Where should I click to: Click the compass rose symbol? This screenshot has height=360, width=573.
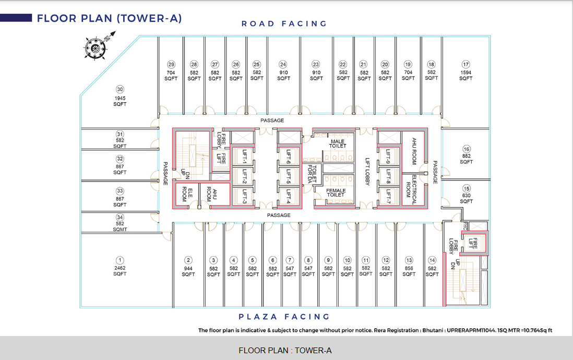pyautogui.click(x=95, y=47)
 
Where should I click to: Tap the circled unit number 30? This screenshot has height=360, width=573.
pyautogui.click(x=120, y=89)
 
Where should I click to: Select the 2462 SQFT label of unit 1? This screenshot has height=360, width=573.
pyautogui.click(x=120, y=271)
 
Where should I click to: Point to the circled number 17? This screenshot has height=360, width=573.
pyautogui.click(x=465, y=64)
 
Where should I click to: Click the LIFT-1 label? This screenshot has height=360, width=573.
pyautogui.click(x=244, y=157)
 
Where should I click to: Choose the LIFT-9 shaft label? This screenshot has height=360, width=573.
pyautogui.click(x=388, y=157)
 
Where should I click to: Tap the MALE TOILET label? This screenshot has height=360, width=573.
pyautogui.click(x=338, y=143)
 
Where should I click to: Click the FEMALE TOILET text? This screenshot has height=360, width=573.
pyautogui.click(x=336, y=193)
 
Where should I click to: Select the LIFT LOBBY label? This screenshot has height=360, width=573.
pyautogui.click(x=367, y=172)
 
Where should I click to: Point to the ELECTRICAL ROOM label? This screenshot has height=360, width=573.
pyautogui.click(x=411, y=190)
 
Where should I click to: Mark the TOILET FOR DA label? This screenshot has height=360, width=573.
pyautogui.click(x=312, y=174)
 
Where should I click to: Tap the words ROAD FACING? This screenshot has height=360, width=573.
pyautogui.click(x=284, y=24)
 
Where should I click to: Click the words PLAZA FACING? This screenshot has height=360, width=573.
pyautogui.click(x=284, y=317)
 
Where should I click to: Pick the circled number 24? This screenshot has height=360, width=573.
pyautogui.click(x=283, y=64)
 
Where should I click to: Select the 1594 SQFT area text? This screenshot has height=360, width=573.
pyautogui.click(x=466, y=75)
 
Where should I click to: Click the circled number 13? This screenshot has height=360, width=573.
pyautogui.click(x=409, y=260)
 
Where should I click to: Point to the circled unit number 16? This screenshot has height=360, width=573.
pyautogui.click(x=467, y=149)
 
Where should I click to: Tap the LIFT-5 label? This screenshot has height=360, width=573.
pyautogui.click(x=289, y=176)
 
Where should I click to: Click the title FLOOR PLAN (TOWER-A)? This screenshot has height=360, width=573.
pyautogui.click(x=109, y=18)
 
